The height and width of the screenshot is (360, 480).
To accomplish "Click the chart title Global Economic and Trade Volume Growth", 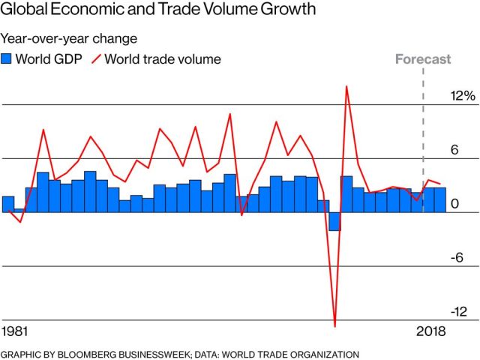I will coord(158,10).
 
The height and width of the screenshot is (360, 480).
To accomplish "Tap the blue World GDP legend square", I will coord(7,58).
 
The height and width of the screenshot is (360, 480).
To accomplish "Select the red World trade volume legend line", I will coord(95,58).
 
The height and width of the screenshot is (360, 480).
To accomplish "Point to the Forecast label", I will coord(424,59).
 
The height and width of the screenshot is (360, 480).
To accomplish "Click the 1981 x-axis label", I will coord(16,331).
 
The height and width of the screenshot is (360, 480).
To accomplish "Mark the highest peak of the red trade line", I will coord(346,86).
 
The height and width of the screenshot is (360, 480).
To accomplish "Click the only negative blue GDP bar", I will coord(334,221).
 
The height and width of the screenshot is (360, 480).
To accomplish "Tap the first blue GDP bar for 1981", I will coord(8,204).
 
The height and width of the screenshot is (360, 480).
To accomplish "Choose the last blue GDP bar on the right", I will coord(440,200).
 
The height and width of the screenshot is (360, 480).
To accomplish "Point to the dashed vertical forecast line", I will coord(424,135).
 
